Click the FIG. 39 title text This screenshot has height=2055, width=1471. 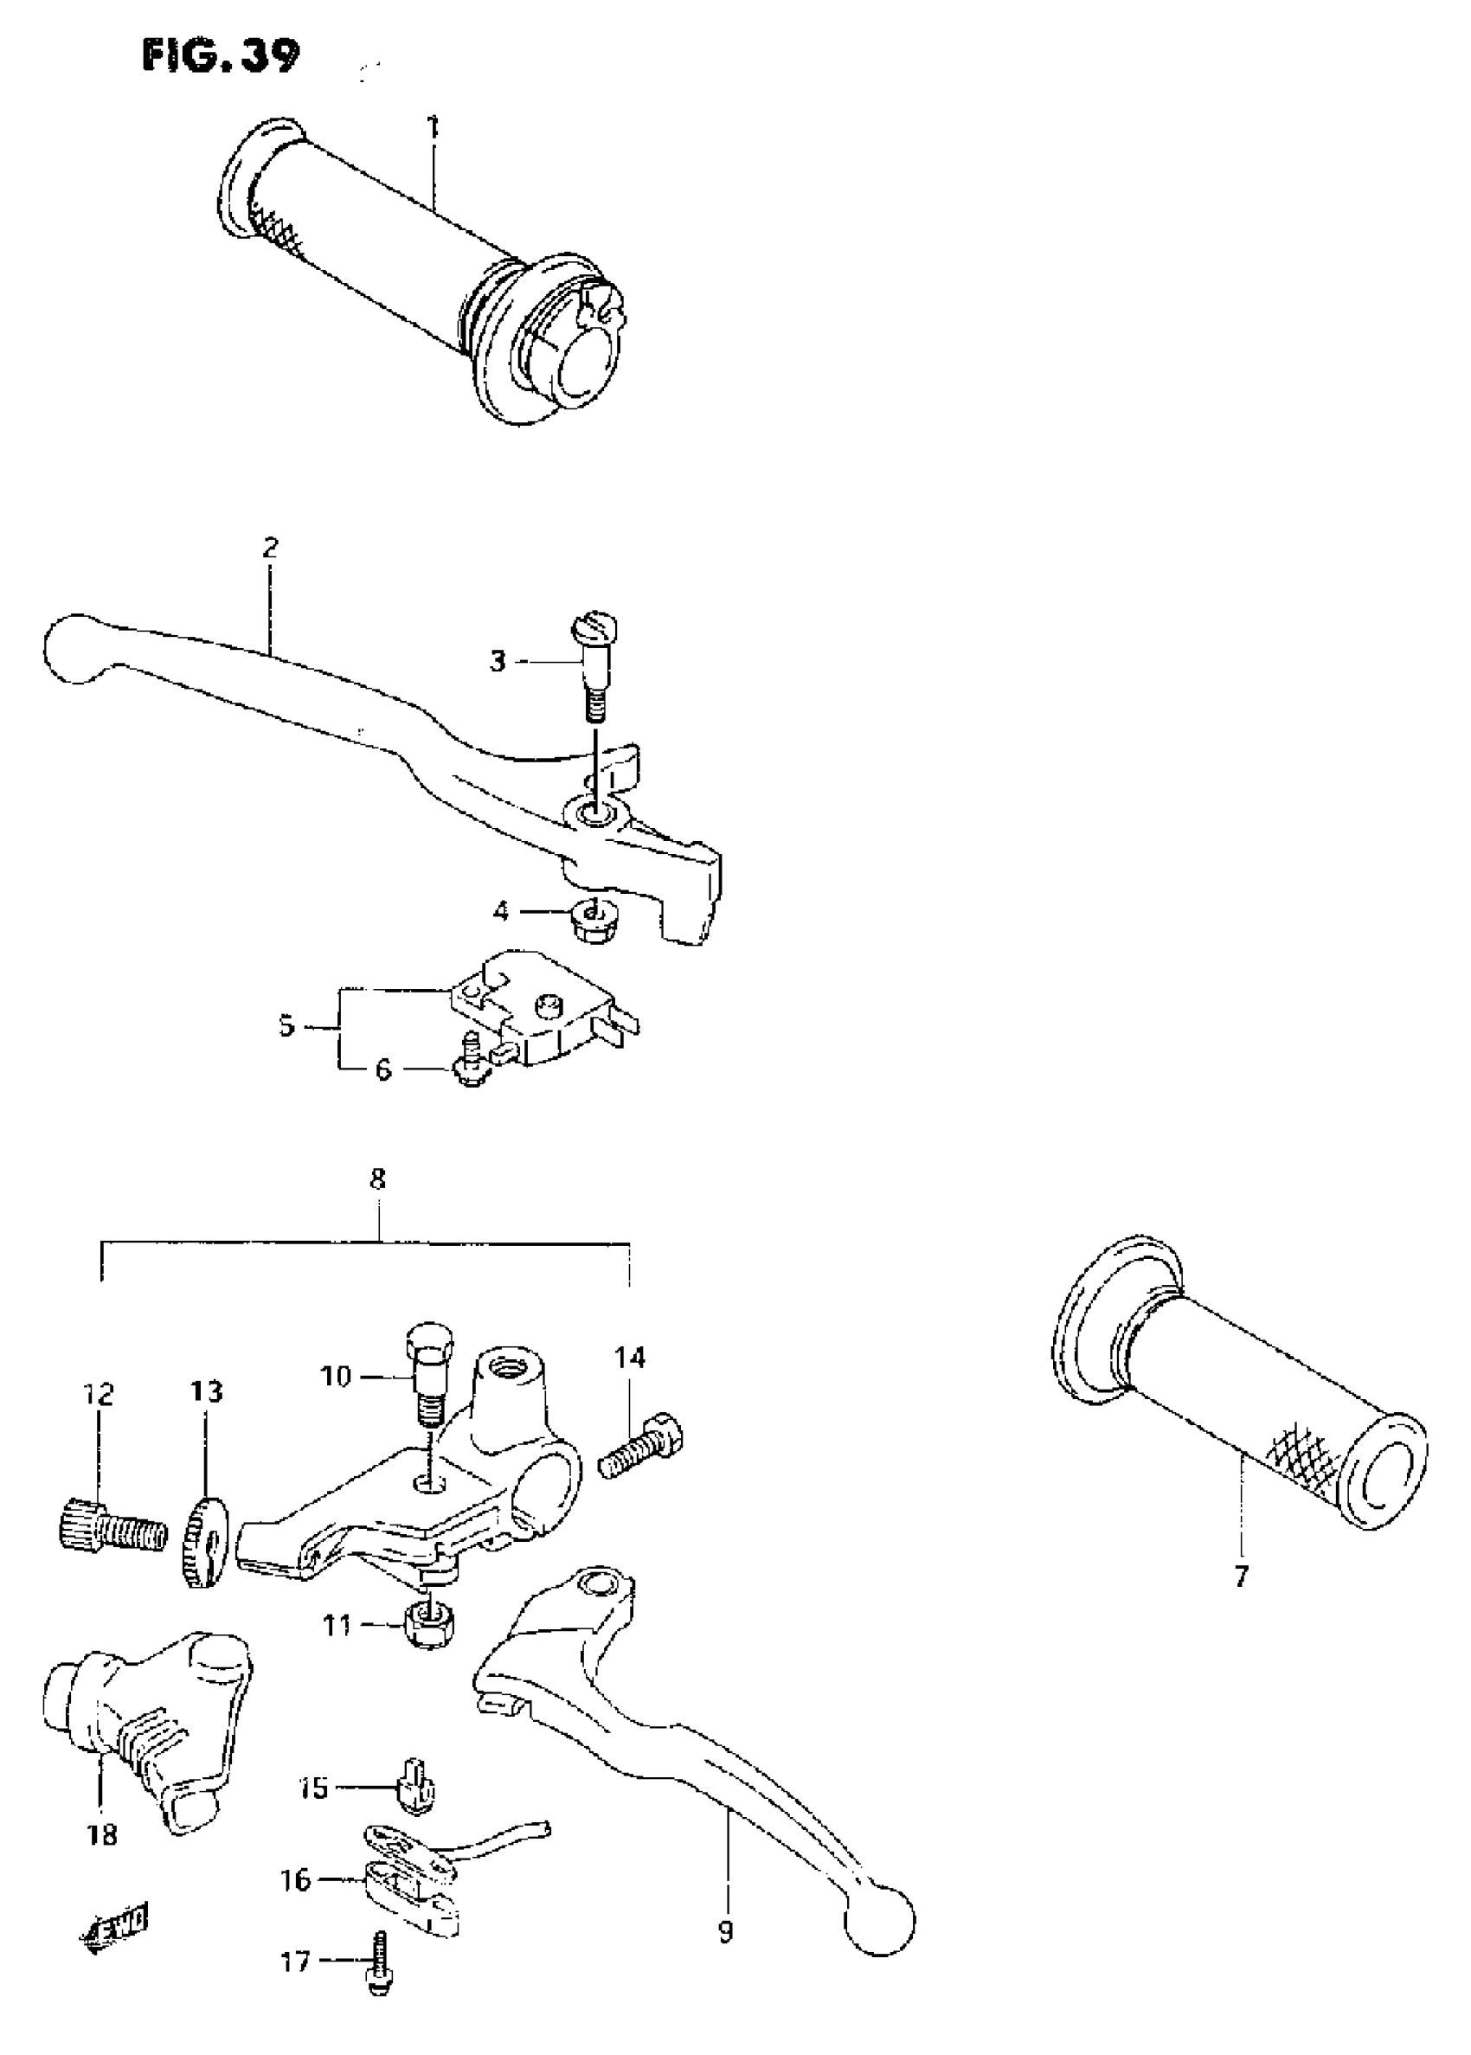[220, 56]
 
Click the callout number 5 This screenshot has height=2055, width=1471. [286, 1027]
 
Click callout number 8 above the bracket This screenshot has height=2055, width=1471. [378, 1179]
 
